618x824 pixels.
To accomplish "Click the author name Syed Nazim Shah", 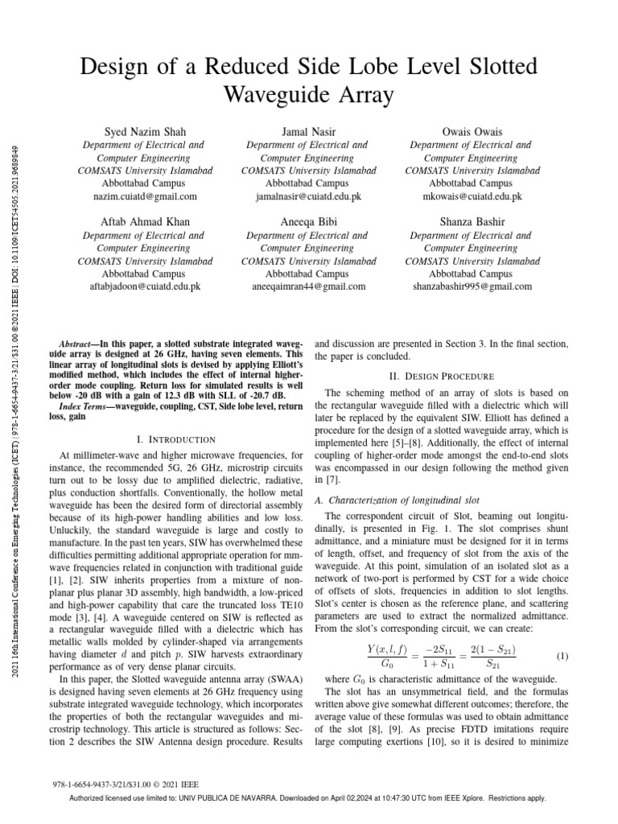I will pos(145,131).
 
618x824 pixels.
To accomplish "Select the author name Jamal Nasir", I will pos(308,131).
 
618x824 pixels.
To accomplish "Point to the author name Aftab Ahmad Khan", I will pos(145,221).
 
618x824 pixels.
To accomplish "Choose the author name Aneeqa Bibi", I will pos(308,221).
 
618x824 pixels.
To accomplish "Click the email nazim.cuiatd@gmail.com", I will pos(145,196).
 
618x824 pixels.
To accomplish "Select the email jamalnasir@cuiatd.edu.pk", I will pos(308,196).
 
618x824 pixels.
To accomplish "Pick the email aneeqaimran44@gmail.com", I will pos(308,286).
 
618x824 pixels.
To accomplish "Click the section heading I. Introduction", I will pos(176,439).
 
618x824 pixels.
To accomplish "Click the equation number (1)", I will pos(562,656).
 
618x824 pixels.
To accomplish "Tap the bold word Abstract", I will pos(83,343).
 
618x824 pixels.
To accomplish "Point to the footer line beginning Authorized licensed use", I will pos(308,798).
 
